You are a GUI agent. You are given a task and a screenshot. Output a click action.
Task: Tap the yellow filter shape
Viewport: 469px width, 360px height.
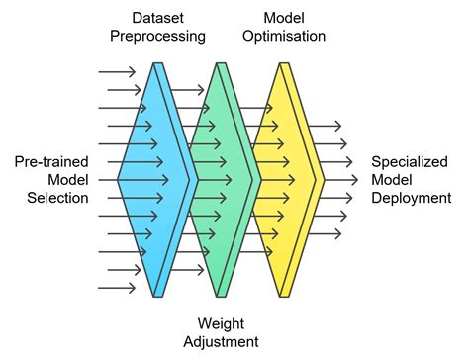coord(287,179)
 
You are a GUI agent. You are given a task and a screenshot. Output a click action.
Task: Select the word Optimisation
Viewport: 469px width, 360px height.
coord(284,37)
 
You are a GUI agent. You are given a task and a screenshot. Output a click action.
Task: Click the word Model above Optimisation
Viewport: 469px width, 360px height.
coord(284,18)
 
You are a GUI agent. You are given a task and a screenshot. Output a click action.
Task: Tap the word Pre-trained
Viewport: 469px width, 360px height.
coord(51,161)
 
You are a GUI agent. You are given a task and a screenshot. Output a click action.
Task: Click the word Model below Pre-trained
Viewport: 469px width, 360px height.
coord(68,179)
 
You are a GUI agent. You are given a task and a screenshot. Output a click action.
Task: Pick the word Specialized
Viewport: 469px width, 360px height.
coord(410,161)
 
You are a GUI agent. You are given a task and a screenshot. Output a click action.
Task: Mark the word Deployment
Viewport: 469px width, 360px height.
coord(410,197)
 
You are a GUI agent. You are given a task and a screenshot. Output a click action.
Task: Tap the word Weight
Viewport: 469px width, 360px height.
coord(223,323)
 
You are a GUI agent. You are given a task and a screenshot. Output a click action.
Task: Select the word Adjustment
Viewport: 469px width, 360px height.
coord(223,341)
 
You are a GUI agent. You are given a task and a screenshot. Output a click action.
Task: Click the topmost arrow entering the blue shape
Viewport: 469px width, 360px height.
coord(117,72)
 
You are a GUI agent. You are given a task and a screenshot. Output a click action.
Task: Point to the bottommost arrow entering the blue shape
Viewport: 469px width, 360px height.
coord(117,288)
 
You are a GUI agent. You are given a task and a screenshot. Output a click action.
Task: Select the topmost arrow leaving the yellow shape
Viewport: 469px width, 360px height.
coord(325,126)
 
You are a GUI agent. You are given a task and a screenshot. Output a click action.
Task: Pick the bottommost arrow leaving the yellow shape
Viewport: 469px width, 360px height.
coord(325,233)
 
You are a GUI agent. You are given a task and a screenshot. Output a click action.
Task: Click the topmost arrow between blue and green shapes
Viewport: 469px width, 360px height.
coord(188,90)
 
